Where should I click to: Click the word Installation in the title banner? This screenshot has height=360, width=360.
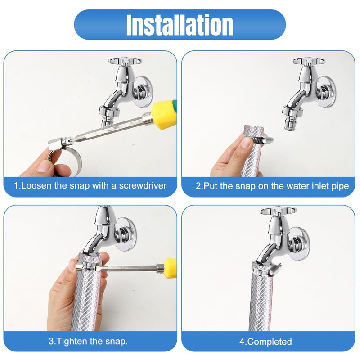coord(180,25)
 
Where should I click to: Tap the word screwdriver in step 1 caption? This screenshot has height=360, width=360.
coord(143,185)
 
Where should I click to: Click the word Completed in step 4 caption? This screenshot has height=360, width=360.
coord(270,342)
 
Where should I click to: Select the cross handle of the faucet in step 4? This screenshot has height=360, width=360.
coord(278,211)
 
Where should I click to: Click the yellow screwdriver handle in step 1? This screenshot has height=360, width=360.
coord(164,114)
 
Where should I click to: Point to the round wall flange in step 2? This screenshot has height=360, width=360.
coord(326,92)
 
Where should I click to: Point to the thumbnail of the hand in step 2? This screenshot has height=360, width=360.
coord(247,144)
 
